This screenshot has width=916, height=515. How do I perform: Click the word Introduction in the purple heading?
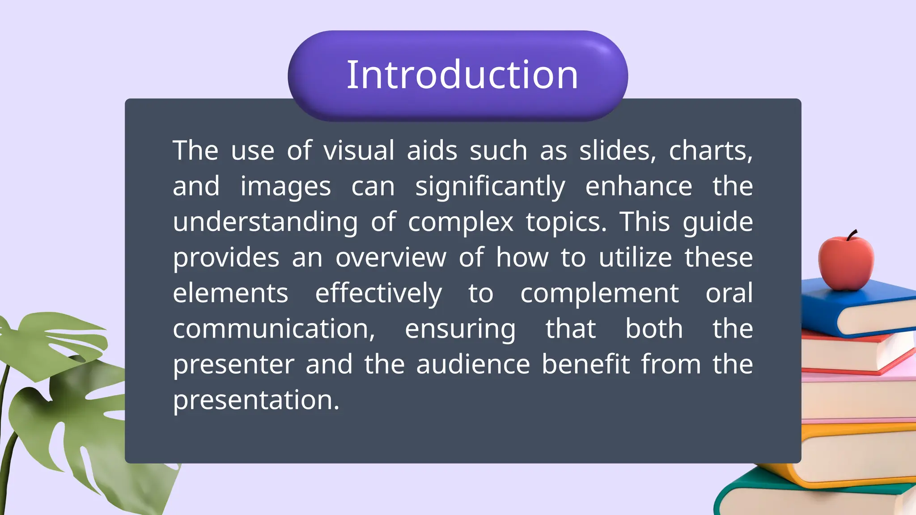(462, 75)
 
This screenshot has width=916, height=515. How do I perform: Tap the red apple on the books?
(845, 264)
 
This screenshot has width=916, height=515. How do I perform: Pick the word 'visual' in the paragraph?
(359, 150)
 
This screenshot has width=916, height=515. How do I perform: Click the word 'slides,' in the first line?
(618, 150)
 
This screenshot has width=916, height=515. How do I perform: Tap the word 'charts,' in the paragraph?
(711, 150)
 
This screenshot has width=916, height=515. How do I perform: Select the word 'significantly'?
(490, 187)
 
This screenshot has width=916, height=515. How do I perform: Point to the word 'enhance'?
(639, 186)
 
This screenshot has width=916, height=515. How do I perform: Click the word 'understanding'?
(265, 222)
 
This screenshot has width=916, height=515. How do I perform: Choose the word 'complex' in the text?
(461, 222)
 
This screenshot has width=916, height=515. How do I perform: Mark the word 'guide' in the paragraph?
(718, 222)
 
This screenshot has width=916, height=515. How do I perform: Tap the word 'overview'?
(391, 258)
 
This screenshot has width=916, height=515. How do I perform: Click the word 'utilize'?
(635, 257)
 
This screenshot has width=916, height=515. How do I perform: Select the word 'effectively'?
(378, 294)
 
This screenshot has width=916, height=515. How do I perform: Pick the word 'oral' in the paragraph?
(729, 293)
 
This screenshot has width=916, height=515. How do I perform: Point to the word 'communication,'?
(274, 329)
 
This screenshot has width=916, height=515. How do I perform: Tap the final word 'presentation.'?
(256, 400)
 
